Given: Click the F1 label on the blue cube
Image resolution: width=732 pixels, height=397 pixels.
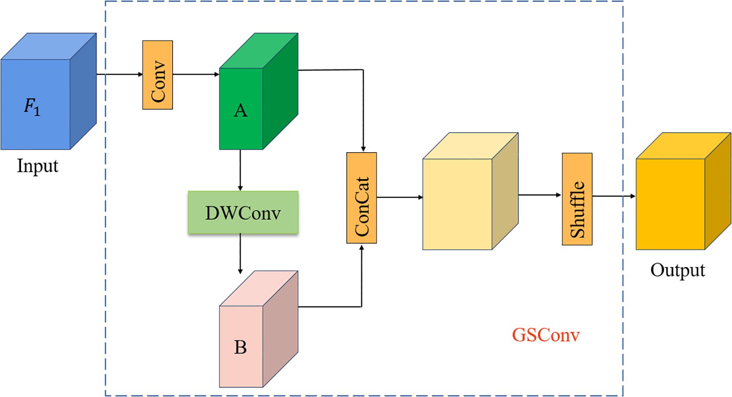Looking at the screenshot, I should [32, 107].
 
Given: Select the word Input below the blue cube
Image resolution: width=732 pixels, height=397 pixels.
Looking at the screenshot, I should [37, 166].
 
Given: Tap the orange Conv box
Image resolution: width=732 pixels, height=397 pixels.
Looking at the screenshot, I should [157, 75].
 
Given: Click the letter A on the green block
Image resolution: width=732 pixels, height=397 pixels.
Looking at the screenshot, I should [240, 111].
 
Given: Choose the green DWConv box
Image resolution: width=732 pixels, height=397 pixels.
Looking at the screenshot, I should [243, 213].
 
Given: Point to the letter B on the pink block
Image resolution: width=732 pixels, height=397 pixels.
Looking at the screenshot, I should [240, 347].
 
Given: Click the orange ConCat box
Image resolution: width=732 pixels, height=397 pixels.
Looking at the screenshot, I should [361, 198].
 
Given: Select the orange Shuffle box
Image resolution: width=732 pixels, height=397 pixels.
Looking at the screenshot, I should [577, 199].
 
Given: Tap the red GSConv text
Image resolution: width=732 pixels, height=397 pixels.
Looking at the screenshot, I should [545, 335].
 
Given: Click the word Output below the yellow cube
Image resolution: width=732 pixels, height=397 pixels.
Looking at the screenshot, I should [677, 270].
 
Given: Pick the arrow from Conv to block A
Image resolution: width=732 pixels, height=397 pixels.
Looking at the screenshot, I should [196, 74].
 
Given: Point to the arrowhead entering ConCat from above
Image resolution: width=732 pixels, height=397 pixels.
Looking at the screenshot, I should [363, 148].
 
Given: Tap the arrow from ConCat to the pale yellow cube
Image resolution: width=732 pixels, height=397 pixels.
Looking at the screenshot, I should [399, 197].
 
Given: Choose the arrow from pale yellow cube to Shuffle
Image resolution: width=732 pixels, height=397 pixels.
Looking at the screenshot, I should [539, 195].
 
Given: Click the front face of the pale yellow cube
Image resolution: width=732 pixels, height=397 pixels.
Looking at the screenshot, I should [457, 204].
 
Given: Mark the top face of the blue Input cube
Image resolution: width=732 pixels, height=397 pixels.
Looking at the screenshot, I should [49, 46].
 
